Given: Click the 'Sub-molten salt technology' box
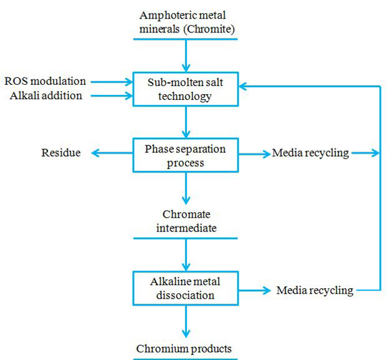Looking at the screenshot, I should point(186,89).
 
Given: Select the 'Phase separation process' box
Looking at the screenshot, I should point(186,153).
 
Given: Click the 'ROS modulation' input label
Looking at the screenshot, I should point(45,81).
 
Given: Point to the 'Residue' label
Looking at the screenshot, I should point(60,153).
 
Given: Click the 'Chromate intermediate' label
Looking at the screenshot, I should point(186,221).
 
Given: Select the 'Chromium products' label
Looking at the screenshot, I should point(186,348).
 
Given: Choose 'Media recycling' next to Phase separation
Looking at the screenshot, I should point(310,153).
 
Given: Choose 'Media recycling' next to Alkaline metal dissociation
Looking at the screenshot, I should point(315,290).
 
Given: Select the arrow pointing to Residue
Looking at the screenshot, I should point(111,153).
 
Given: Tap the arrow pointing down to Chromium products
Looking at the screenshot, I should point(186,321).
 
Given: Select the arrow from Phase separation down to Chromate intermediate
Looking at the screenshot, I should point(186,187).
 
